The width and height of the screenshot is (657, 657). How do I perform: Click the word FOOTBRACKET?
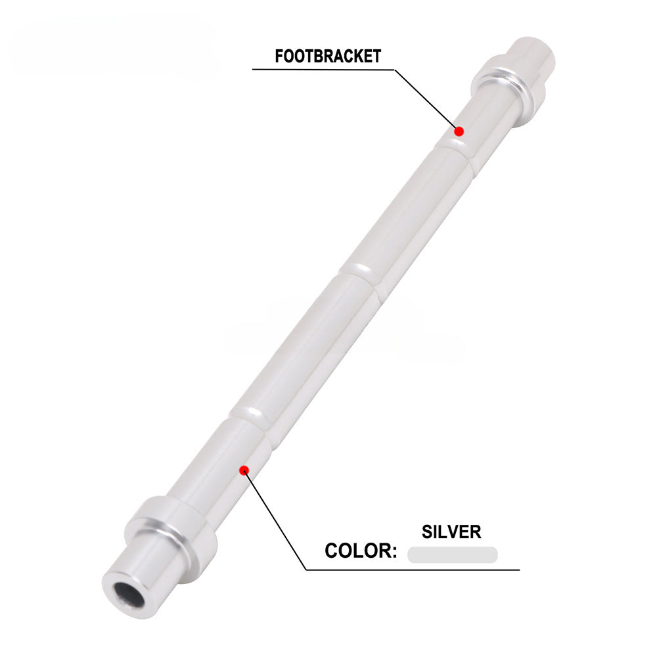[x=327, y=57]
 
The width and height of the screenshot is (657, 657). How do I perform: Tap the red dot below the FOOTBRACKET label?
[x=460, y=131]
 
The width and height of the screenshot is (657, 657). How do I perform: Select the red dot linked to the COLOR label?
[x=244, y=469]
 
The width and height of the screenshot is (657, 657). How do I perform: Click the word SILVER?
[x=452, y=531]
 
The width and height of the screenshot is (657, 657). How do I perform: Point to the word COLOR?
[x=358, y=551]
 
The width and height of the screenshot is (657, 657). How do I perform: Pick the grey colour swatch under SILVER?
[x=452, y=555]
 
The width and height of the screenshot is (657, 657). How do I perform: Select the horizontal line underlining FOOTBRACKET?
[x=322, y=69]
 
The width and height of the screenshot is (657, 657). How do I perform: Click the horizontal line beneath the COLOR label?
[x=414, y=569]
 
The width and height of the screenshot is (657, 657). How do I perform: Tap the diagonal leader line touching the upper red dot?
[x=427, y=99]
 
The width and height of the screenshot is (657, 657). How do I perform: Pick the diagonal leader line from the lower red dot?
[x=276, y=519]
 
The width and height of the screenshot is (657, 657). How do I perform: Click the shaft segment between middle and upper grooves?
[x=407, y=210]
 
